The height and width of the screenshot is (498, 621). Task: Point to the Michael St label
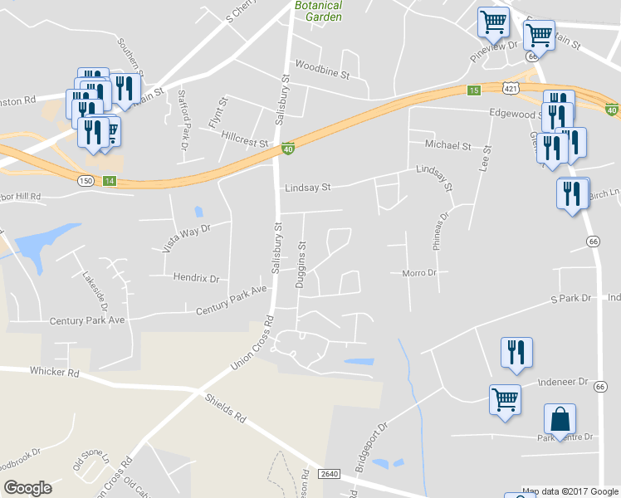447,145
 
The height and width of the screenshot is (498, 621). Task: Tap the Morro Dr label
418,273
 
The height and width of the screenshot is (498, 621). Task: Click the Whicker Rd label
54,372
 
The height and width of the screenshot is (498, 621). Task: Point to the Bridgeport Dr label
370,449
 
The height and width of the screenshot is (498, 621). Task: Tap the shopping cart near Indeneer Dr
505,399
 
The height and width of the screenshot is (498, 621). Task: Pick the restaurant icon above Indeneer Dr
516,352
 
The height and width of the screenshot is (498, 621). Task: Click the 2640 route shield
328,474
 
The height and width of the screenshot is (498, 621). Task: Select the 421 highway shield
511,86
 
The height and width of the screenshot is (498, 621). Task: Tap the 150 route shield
86,180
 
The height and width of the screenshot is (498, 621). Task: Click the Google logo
27,488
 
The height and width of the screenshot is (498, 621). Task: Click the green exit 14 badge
110,180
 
